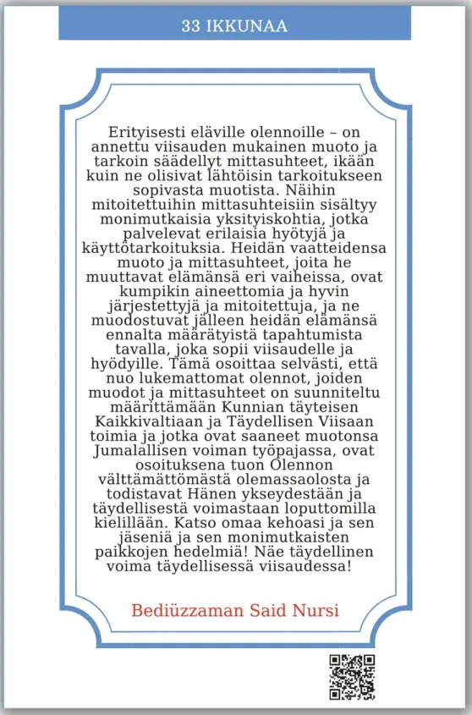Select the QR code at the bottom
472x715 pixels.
[x=351, y=678]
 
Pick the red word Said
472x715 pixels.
[x=268, y=611]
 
